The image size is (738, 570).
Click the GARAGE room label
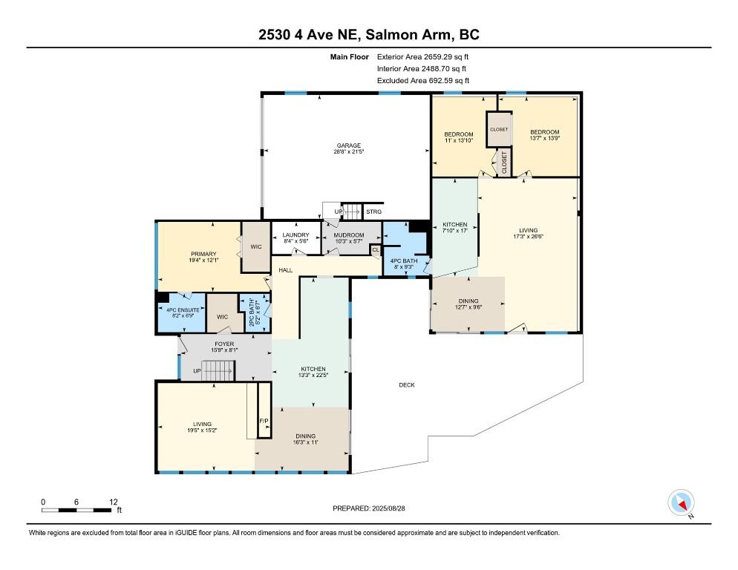(x=349, y=145)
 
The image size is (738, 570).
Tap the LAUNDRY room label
(x=296, y=235)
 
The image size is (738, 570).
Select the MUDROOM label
(x=349, y=235)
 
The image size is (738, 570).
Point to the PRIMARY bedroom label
(x=203, y=254)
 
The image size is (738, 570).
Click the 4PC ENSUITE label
(x=183, y=310)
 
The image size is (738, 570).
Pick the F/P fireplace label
(x=264, y=420)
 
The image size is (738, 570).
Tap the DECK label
(x=407, y=385)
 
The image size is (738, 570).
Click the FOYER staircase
(x=218, y=370)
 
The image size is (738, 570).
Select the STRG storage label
(x=373, y=212)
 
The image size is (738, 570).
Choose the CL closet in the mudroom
(x=376, y=250)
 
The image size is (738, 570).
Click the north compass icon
(x=681, y=502)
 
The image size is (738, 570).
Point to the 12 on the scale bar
(x=114, y=502)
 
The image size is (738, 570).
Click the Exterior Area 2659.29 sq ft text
(x=422, y=57)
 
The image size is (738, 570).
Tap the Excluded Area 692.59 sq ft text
(x=423, y=80)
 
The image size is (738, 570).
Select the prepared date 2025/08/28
(x=388, y=508)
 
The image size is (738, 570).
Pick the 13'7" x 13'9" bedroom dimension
(x=544, y=138)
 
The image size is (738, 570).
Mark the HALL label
(x=286, y=270)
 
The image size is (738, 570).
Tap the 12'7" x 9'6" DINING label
(x=468, y=307)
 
